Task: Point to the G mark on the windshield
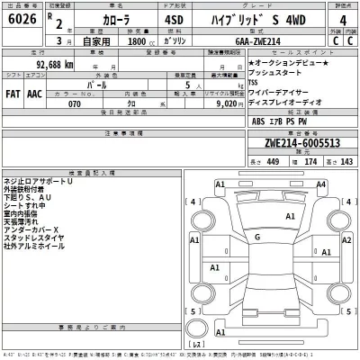pos(257,237)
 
